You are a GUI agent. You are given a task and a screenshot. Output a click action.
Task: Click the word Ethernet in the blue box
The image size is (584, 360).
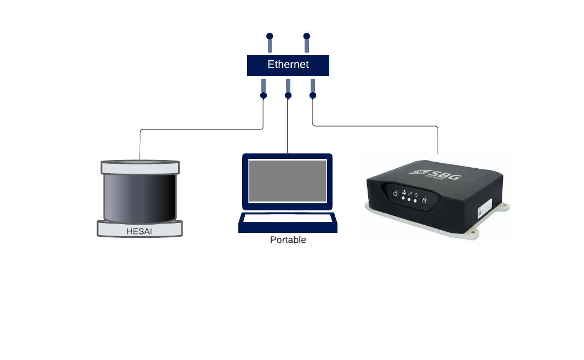[x=288, y=65]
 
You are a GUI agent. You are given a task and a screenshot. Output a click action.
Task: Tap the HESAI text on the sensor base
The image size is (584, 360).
[x=139, y=231]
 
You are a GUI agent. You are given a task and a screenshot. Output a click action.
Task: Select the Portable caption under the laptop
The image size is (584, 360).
[x=288, y=240]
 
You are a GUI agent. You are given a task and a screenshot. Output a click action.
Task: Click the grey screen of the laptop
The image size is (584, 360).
[x=288, y=181]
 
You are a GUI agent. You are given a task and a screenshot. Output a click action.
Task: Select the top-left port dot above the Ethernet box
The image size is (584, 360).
[x=270, y=36]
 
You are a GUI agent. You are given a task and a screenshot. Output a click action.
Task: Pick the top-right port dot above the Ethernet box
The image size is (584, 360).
[x=307, y=36]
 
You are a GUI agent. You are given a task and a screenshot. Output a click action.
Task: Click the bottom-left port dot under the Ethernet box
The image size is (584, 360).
[x=264, y=95]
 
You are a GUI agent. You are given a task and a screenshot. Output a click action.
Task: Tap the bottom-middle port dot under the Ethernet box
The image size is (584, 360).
[x=288, y=95]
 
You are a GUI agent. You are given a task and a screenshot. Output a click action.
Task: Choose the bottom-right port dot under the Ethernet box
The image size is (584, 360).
[x=313, y=95]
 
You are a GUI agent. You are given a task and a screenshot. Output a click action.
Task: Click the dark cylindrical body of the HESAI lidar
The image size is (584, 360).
[x=140, y=196]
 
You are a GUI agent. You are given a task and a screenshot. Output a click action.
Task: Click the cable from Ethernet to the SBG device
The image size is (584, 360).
[x=378, y=127]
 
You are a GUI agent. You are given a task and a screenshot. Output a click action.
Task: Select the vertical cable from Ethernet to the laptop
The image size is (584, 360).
[x=288, y=126]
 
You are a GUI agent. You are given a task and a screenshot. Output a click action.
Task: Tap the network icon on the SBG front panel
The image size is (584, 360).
[x=404, y=192]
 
